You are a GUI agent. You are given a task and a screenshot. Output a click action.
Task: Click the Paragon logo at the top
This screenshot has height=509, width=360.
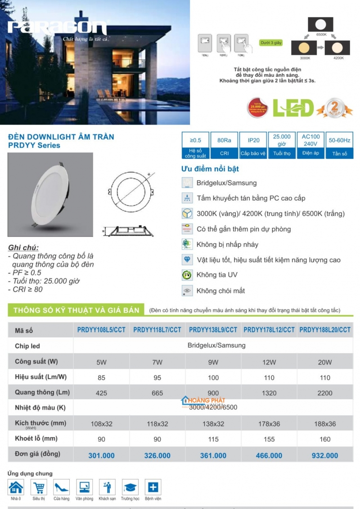[x=57, y=28]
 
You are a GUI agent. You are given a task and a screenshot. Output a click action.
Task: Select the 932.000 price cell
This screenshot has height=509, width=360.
[x=324, y=455]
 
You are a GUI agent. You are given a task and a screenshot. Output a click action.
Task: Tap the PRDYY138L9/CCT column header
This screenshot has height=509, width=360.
[x=213, y=330]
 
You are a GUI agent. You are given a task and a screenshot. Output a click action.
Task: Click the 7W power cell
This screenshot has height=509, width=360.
[x=157, y=362]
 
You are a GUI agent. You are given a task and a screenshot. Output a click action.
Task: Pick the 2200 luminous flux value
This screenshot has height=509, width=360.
[x=324, y=393]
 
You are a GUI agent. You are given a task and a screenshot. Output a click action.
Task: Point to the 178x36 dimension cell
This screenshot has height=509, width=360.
[x=269, y=424]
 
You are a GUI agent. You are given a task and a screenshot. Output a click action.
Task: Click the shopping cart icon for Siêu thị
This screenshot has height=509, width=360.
[x=39, y=487]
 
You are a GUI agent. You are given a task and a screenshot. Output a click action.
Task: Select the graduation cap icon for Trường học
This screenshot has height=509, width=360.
[x=130, y=487]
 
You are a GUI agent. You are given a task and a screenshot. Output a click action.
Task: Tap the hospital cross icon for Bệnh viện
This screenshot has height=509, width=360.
[x=153, y=487]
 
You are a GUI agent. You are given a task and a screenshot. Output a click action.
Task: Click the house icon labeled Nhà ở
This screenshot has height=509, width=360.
[x=16, y=487]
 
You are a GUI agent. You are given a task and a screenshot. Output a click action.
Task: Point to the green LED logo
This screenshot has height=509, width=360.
[x=293, y=108]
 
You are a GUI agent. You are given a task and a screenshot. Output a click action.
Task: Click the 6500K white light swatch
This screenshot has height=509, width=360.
[x=321, y=24]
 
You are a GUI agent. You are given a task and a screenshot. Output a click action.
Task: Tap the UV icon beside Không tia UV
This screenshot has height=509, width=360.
[x=187, y=275]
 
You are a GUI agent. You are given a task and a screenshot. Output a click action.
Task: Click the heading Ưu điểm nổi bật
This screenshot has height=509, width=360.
[x=210, y=169]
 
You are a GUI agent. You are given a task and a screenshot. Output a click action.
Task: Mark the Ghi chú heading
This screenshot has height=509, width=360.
[x=23, y=248]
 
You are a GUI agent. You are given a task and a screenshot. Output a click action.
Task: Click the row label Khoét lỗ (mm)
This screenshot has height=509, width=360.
[x=36, y=438]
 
